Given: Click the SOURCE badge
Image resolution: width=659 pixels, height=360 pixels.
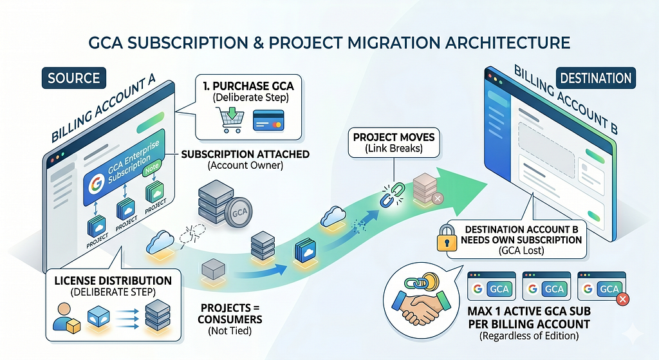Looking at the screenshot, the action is click(74, 78).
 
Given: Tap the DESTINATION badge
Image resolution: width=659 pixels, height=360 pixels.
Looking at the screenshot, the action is click(595, 78).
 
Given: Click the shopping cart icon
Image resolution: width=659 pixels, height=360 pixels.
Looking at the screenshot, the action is click(230, 119).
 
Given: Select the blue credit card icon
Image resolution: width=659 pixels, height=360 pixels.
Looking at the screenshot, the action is click(268, 120).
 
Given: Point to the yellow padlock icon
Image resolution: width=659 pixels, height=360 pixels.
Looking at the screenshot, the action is click(447, 238).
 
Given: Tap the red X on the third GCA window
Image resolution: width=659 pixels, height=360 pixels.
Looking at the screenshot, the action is click(622, 299).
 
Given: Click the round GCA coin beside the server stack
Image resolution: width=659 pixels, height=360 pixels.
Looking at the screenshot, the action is click(239, 213).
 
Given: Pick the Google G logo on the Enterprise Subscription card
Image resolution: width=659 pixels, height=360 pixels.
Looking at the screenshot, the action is click(97, 184).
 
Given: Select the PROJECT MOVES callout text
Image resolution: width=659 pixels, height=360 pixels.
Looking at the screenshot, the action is click(394, 142).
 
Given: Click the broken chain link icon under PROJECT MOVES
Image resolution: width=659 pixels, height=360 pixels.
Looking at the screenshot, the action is click(392, 194).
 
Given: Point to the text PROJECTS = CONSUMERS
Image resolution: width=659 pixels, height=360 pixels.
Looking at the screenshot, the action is click(230, 314).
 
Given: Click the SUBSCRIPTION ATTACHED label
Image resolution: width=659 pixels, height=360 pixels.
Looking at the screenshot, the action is click(245, 155).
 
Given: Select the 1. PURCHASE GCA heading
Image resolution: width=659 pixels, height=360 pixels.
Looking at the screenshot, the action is click(248, 86).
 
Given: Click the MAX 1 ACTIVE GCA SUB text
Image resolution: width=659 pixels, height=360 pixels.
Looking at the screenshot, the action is click(529, 311).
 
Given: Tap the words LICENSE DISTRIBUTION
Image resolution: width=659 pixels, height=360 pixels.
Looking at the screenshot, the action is click(113, 281).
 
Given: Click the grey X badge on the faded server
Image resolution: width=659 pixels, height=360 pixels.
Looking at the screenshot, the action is click(438, 198).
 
